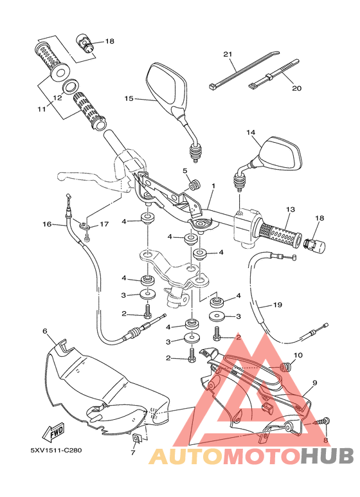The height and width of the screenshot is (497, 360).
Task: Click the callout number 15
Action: [129, 99]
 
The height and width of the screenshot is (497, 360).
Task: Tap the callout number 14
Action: [251, 132]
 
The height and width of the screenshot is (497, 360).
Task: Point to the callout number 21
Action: [227, 54]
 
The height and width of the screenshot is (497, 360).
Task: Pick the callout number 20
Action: [296, 87]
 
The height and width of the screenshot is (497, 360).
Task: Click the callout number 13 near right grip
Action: [290, 210]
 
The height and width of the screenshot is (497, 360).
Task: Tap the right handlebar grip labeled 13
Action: [278, 235]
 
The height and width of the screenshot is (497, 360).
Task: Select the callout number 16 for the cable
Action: [46, 224]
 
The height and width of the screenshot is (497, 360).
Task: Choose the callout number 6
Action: [45, 331]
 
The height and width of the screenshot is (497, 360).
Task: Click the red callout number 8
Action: [325, 440]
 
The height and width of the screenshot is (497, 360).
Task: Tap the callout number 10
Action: [298, 356]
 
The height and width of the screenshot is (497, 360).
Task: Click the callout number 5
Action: [184, 170]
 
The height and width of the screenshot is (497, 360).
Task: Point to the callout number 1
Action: [213, 186]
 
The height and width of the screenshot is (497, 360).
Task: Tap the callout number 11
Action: [41, 109]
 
